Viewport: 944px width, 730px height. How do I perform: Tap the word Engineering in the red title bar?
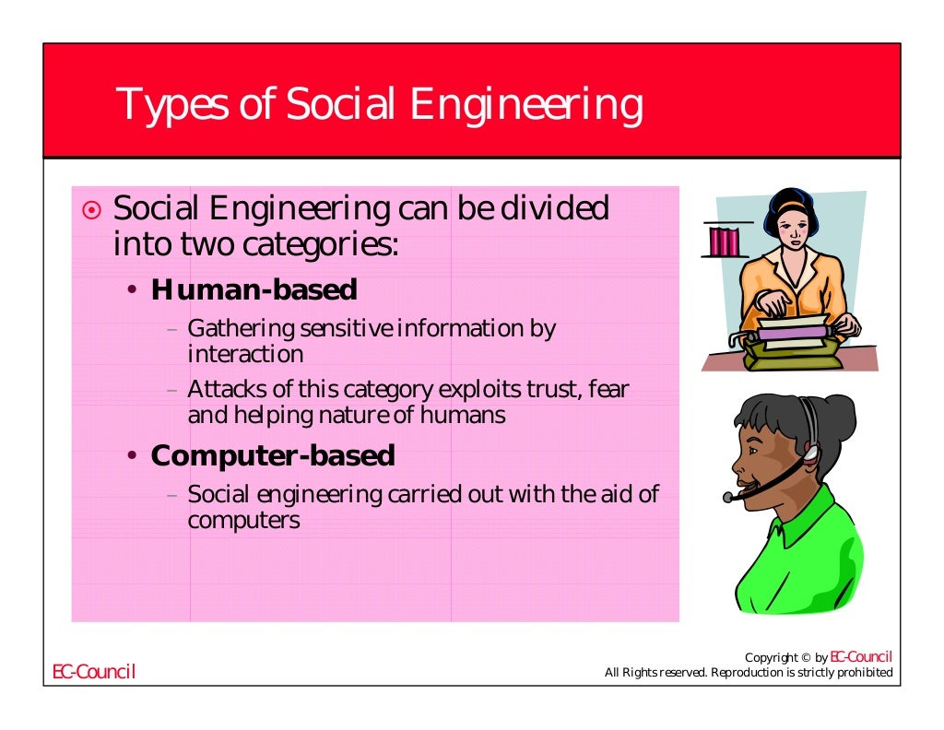click(x=526, y=106)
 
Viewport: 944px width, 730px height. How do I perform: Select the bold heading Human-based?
click(x=254, y=290)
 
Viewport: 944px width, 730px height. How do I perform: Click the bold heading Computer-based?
click(x=272, y=455)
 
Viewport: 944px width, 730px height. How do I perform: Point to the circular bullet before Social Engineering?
click(x=91, y=211)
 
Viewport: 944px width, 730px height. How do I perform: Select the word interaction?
click(x=245, y=354)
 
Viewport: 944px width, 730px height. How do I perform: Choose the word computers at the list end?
click(x=243, y=521)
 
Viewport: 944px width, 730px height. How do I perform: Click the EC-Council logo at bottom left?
click(x=93, y=672)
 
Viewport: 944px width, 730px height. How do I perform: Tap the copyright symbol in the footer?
click(x=805, y=658)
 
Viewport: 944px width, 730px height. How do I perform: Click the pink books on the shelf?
click(x=725, y=241)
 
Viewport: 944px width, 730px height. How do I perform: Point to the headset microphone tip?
click(x=728, y=498)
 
